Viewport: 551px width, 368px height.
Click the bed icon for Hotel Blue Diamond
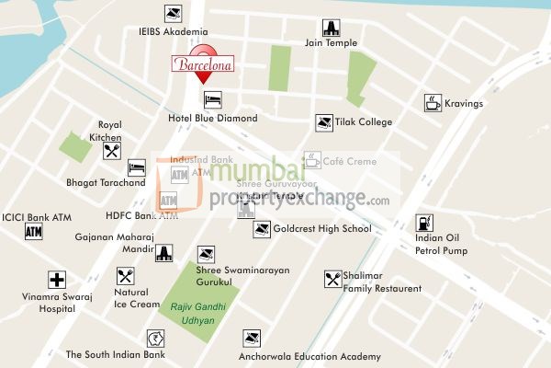point(212,98)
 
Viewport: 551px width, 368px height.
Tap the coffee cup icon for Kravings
point(433,103)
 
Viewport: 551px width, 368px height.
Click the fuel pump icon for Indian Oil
point(424,222)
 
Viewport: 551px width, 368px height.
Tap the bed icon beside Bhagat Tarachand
point(137,167)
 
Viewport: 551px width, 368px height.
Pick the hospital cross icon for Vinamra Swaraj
point(58,280)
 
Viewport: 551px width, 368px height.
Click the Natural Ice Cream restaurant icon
point(126,275)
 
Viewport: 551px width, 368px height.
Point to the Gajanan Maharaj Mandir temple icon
point(164,253)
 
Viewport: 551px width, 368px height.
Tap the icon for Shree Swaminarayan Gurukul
point(205,254)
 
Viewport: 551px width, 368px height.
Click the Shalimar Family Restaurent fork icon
point(332,278)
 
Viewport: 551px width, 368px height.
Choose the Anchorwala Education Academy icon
point(252,339)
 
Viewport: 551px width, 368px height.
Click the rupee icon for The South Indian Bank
point(154,339)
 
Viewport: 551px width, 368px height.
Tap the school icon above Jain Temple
point(332,28)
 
